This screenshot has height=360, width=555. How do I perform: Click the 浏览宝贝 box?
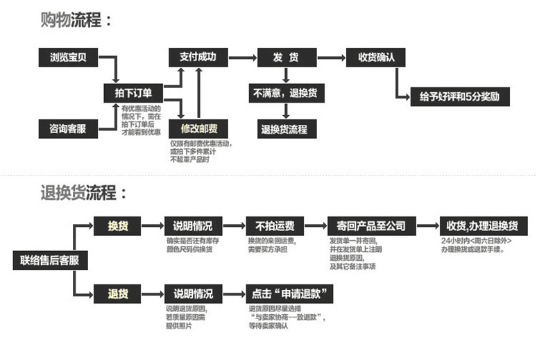point(68,58)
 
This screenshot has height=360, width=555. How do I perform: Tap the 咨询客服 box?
point(68,128)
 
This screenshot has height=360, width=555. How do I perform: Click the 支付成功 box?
point(198,58)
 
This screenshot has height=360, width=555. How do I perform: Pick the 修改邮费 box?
point(199,128)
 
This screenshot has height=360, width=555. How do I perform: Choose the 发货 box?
point(286,58)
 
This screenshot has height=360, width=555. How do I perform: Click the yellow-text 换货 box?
point(117,226)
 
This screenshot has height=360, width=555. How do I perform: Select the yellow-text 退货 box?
point(117,293)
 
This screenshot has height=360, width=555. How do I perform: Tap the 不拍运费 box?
point(275,226)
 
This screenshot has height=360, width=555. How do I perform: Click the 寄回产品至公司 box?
point(371,226)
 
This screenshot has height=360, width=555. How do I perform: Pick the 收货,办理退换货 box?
point(483,226)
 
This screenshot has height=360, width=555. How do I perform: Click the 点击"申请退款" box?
point(290,293)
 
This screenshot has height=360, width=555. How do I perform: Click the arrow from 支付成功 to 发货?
point(241,58)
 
